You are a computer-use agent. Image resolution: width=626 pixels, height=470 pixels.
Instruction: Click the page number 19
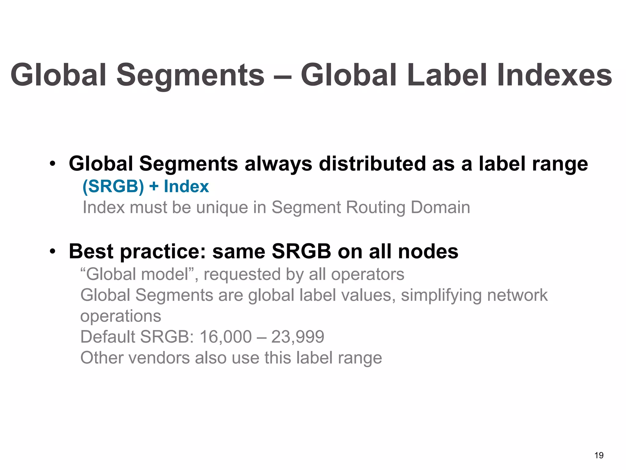(x=599, y=455)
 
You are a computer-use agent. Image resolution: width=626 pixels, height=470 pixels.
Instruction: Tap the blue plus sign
(x=154, y=187)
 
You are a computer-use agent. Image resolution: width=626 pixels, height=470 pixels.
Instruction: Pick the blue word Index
(x=186, y=186)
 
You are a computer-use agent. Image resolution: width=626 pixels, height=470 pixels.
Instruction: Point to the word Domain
(x=440, y=207)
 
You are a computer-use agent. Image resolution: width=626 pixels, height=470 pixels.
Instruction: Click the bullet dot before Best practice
(x=53, y=252)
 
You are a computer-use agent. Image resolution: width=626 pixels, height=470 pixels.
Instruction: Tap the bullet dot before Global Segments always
(x=53, y=164)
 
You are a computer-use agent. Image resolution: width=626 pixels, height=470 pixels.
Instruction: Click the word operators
(x=368, y=274)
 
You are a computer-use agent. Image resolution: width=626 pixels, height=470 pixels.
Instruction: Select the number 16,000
(x=226, y=337)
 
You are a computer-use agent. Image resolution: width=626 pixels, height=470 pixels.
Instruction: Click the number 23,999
(x=298, y=337)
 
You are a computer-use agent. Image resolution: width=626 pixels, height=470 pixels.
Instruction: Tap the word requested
(x=242, y=274)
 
